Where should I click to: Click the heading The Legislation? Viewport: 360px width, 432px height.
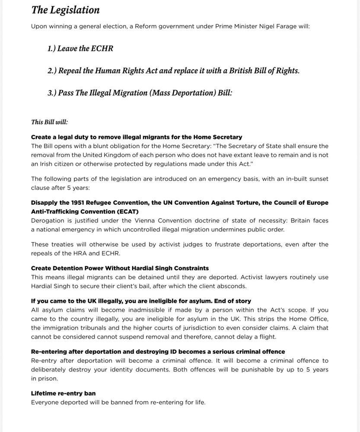[65, 10]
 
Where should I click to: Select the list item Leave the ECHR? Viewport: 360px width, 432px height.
[80, 48]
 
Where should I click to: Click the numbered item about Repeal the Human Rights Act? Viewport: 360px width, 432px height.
[173, 70]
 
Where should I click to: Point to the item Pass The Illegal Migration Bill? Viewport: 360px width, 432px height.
[140, 93]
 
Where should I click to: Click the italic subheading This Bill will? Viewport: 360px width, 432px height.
[49, 122]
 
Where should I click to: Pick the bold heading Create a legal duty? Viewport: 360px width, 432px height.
[136, 137]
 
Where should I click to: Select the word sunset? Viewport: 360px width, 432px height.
[316, 179]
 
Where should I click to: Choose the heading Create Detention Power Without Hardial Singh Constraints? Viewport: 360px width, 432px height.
[120, 268]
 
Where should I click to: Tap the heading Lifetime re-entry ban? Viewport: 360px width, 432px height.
[63, 393]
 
